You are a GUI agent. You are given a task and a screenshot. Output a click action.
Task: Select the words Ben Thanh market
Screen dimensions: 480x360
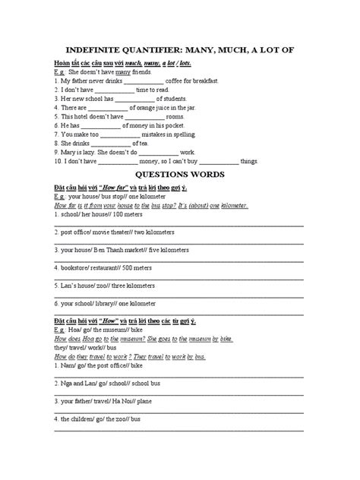[118, 251]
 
